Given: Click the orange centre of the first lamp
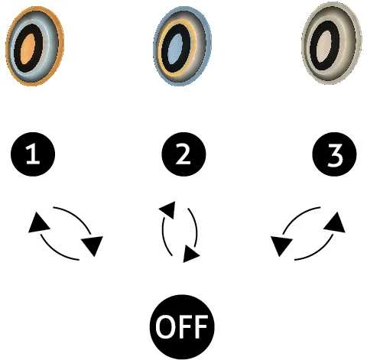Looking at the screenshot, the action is [x=28, y=50].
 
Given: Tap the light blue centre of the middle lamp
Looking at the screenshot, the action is [x=176, y=49].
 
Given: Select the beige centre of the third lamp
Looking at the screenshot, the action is [x=324, y=47].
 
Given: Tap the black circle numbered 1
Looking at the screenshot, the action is [x=33, y=154].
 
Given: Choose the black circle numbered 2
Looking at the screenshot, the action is [x=183, y=154].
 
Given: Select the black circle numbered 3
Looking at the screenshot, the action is [x=334, y=154].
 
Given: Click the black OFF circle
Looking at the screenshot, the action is [x=182, y=327].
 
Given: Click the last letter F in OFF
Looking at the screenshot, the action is [x=200, y=327].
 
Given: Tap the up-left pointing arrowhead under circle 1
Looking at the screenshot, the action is [x=38, y=222].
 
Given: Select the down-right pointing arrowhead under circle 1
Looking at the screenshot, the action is [x=93, y=245].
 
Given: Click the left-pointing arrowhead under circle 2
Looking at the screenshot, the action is [x=168, y=209].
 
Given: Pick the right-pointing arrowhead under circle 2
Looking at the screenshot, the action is [x=190, y=254].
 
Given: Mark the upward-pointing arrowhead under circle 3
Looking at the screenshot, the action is [x=336, y=223].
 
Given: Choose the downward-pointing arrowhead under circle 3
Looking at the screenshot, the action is [x=281, y=245].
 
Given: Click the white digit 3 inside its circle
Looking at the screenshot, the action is [x=335, y=154].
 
